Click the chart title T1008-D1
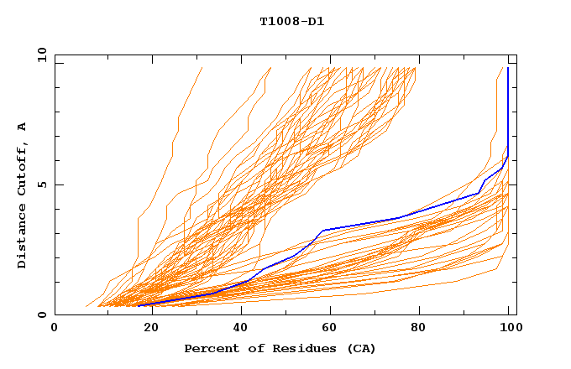(292, 22)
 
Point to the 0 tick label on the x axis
(55, 328)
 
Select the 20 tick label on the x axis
(146, 328)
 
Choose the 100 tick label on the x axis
(508, 328)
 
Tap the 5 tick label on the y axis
(42, 184)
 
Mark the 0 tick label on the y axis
(42, 314)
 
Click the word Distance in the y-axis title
(22, 238)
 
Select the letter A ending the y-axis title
(22, 127)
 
